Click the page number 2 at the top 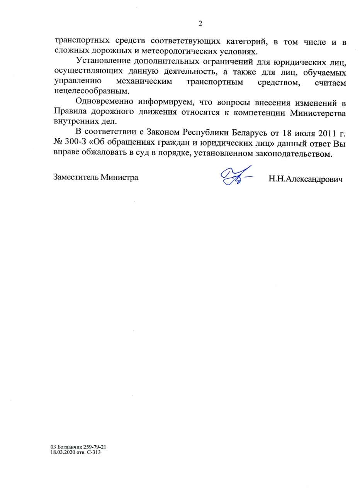point(200,24)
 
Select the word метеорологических point(173,51)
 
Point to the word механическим point(144,82)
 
